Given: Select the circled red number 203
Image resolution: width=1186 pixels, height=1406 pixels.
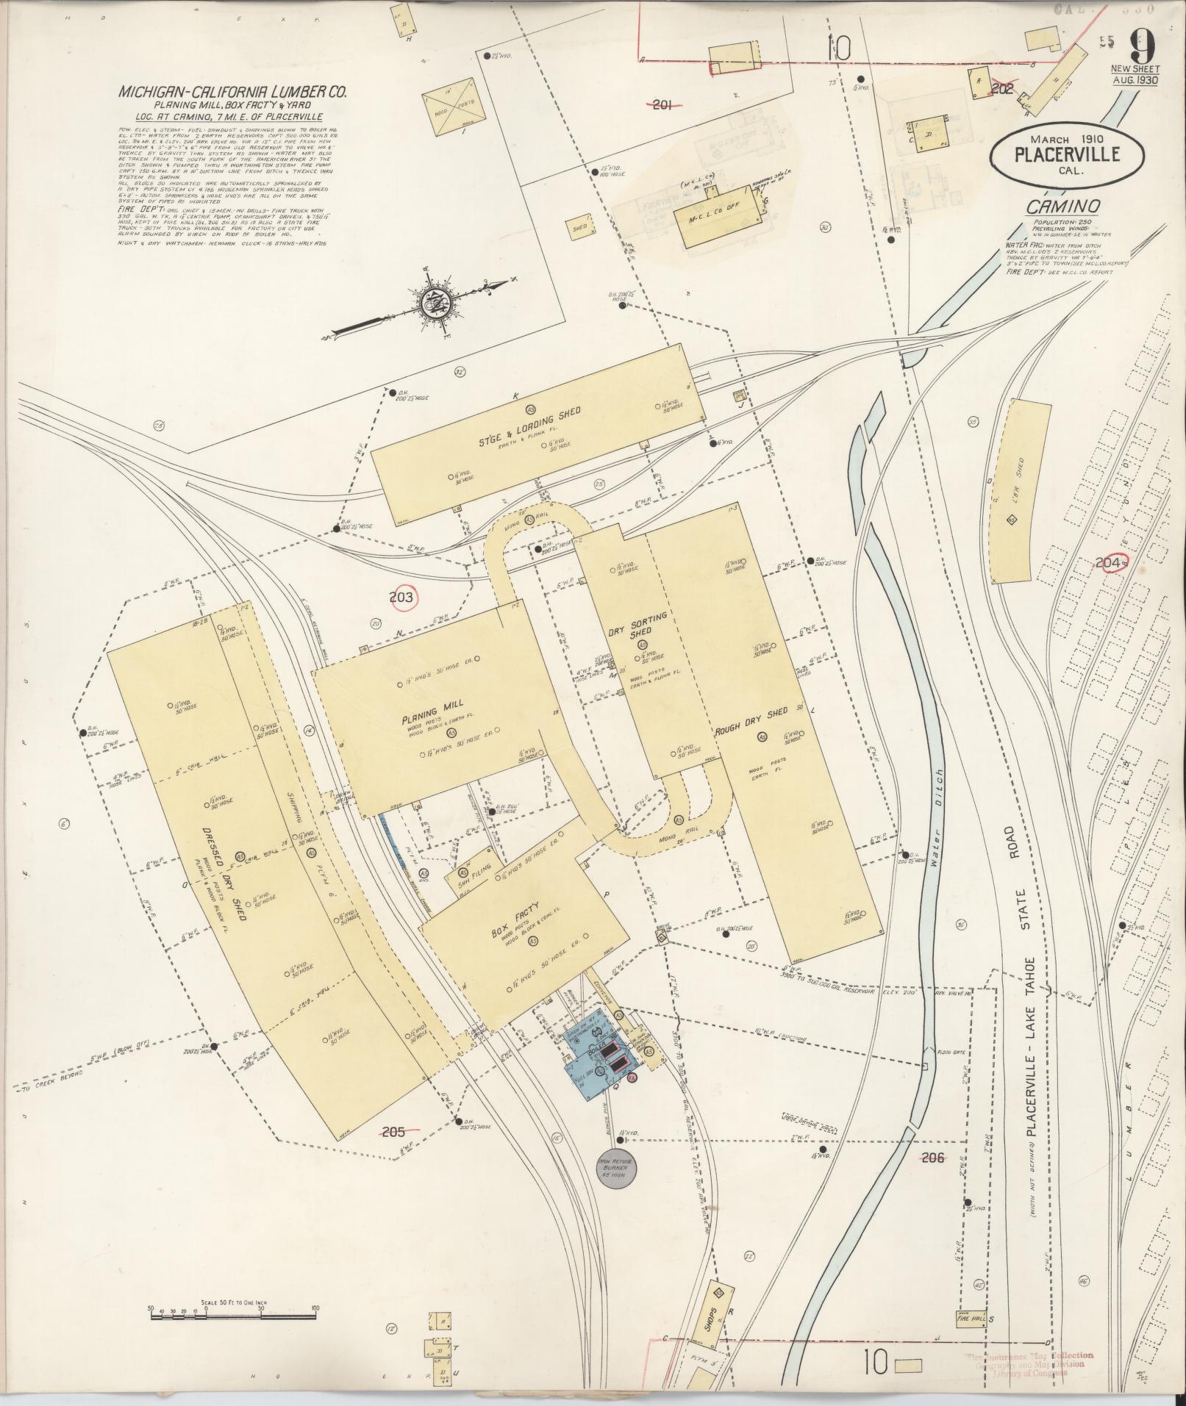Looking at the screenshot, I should tap(401, 598).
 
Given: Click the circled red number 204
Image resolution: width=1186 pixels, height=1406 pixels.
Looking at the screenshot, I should tap(1112, 563).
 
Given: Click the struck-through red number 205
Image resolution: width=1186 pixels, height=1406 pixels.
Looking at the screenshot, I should tap(394, 1131).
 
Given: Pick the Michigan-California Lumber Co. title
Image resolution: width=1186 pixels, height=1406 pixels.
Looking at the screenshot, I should tap(232, 93).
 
